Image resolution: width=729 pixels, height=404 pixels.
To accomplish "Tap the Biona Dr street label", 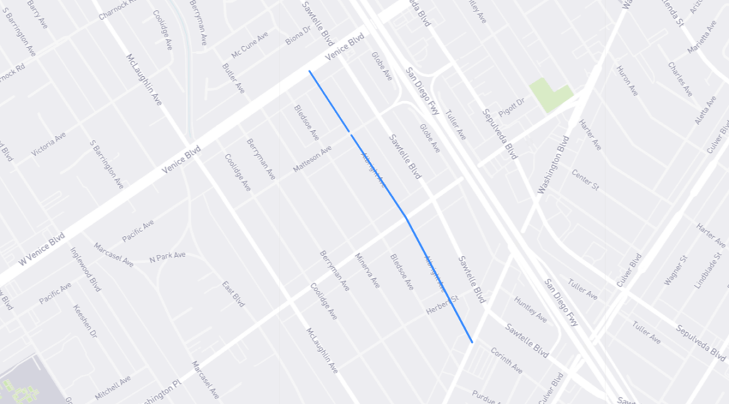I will tap(298, 36).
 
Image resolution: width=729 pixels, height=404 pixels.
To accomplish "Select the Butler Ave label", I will tap(234, 78).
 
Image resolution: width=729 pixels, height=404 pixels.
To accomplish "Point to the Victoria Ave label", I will tap(49, 144).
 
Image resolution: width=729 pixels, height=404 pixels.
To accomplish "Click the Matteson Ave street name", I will tap(313, 159).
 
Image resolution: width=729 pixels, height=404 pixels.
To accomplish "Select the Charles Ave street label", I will tap(680, 79).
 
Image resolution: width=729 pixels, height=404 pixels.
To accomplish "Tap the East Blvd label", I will tap(234, 293).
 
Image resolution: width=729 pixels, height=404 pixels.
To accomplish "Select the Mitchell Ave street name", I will tap(113, 388).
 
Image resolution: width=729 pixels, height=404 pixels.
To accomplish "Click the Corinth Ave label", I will tap(506, 361).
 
